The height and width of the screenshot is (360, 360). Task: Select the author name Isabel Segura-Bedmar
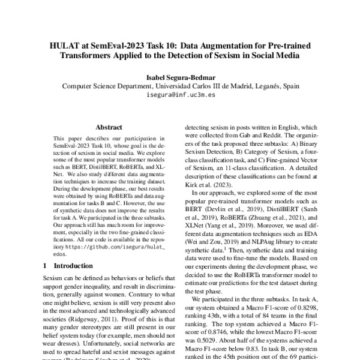[x=180, y=77]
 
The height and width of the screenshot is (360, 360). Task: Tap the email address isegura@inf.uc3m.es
[x=180, y=95]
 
